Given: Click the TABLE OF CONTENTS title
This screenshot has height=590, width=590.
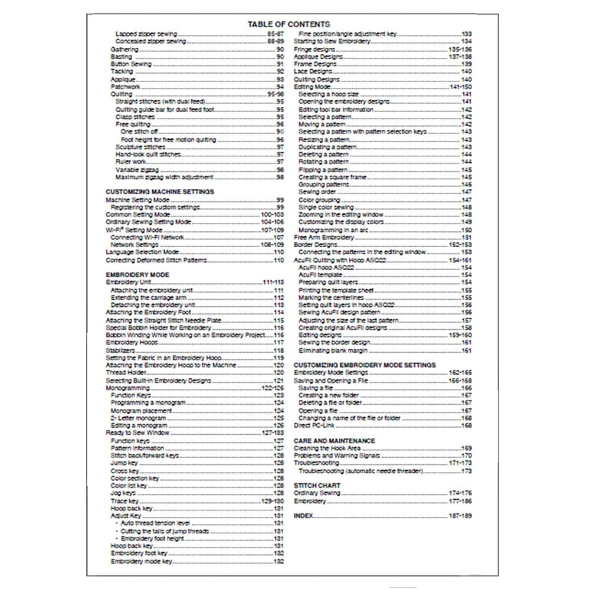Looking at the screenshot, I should click(289, 24).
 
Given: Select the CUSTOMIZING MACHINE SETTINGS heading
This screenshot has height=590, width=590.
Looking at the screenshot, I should click(159, 192).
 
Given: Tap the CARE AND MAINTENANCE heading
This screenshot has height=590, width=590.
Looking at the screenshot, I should click(334, 441).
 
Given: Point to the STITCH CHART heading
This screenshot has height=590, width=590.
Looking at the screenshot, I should click(317, 486).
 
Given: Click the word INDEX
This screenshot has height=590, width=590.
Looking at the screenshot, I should click(303, 516).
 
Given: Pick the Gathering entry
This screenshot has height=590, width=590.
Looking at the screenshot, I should click(124, 50).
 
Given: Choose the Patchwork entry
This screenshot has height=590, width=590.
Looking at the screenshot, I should click(125, 87).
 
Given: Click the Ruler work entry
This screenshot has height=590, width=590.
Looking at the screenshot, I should click(131, 162).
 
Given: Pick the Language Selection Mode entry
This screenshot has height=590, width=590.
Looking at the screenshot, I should click(142, 253).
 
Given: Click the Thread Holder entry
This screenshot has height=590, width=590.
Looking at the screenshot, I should click(124, 373).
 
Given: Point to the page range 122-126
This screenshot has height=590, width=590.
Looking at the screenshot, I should click(273, 388).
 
